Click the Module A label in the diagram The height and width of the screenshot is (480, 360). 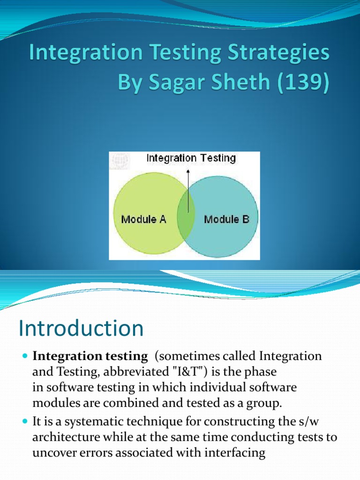(x=143, y=219)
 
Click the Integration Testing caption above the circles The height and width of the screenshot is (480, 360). (x=191, y=158)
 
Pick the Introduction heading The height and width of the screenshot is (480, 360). (x=81, y=329)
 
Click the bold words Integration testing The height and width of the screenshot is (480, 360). (x=90, y=356)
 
